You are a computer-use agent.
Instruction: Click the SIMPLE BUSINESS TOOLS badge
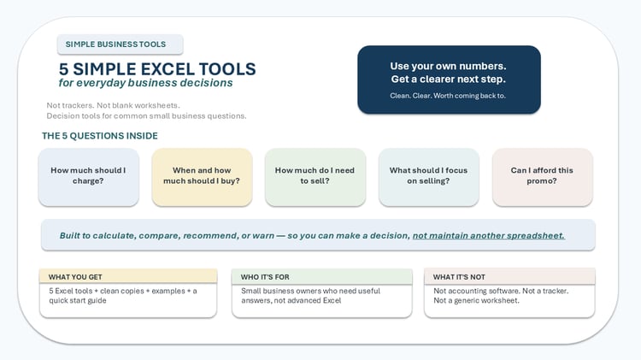point(121,44)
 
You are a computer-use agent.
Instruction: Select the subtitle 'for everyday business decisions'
point(145,83)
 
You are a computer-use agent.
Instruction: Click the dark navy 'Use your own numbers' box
point(449,80)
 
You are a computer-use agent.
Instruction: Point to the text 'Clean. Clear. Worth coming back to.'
point(448,96)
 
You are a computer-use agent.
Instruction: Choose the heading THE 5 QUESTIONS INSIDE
point(100,136)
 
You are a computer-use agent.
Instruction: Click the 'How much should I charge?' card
point(88,177)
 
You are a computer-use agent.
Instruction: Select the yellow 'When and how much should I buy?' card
point(202,177)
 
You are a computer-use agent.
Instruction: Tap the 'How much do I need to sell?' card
point(315,177)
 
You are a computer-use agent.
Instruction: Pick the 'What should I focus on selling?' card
point(428,177)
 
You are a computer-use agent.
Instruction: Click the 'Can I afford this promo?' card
point(542,177)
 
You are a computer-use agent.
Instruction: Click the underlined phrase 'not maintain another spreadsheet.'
point(489,236)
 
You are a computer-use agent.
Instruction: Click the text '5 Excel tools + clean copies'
point(97,291)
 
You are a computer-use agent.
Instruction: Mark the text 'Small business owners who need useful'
point(311,291)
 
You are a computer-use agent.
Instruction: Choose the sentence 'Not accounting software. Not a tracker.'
point(501,291)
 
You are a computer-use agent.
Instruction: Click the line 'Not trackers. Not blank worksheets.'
point(113,105)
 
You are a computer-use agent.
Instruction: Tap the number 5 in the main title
point(63,69)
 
